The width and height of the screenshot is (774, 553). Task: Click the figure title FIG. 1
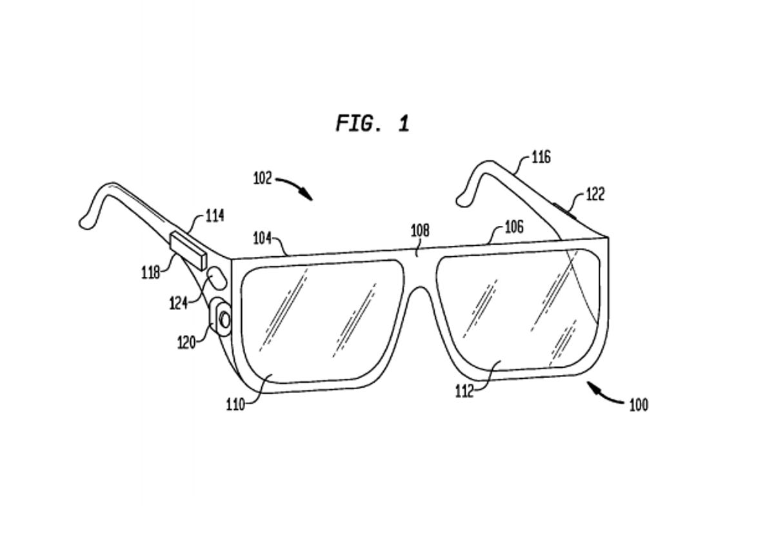(x=372, y=123)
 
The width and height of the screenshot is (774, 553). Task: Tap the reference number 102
(x=263, y=178)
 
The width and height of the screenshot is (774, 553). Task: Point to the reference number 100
(x=638, y=405)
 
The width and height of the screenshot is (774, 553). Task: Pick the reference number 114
(x=215, y=216)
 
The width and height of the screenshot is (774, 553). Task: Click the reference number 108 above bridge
(x=420, y=230)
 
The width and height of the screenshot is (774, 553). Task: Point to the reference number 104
(x=262, y=238)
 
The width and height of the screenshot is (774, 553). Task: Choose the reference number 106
(x=514, y=226)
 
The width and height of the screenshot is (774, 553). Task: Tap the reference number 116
(x=541, y=157)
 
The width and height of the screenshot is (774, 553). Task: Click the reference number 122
(x=595, y=194)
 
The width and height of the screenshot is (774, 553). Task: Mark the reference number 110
(x=235, y=405)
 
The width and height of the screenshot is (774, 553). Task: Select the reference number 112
(x=464, y=391)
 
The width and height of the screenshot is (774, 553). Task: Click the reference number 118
(x=150, y=272)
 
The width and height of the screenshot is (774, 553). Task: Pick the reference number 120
(x=186, y=342)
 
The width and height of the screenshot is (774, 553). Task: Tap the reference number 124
(x=179, y=303)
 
